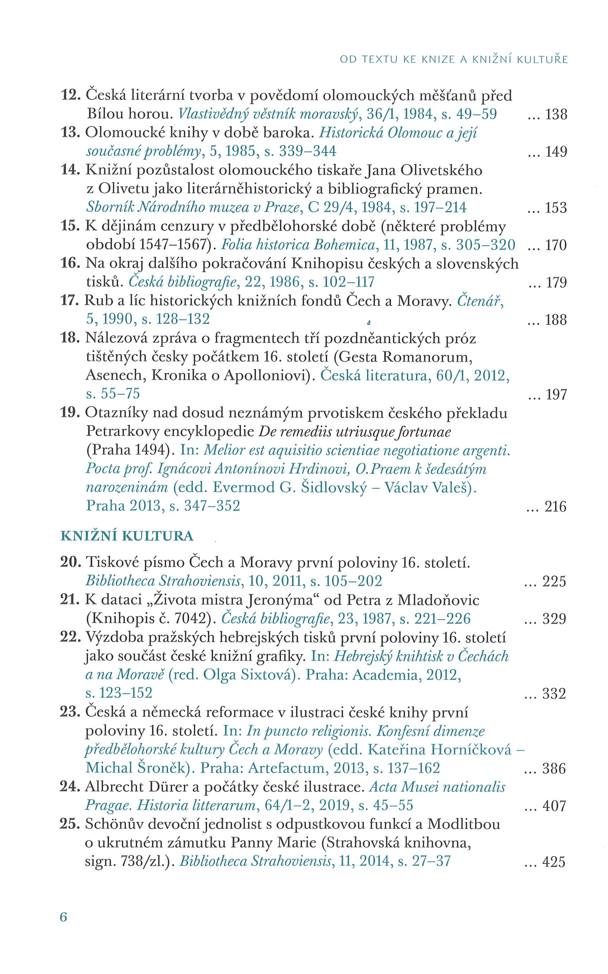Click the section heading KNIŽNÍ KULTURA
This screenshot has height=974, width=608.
click(127, 536)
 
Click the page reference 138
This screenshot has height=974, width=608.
click(556, 115)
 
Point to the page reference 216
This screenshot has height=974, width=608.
click(555, 507)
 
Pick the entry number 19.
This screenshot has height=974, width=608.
click(70, 413)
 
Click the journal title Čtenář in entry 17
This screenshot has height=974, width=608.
click(480, 301)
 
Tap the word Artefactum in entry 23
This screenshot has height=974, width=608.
click(287, 768)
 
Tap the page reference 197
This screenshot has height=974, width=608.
click(556, 395)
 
